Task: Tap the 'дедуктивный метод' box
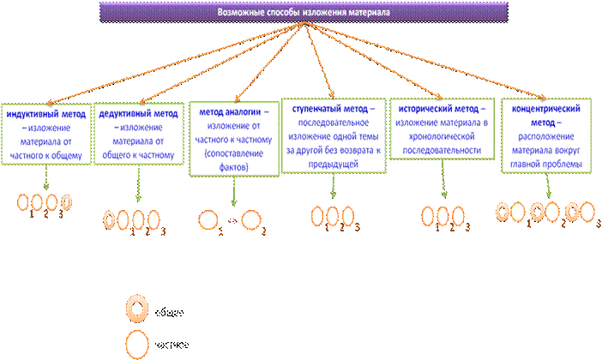click(x=137, y=134)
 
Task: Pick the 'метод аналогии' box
click(x=232, y=140)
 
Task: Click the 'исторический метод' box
click(x=441, y=129)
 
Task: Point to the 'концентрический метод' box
click(x=546, y=135)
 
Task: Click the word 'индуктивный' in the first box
click(x=32, y=113)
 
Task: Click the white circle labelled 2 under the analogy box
click(x=251, y=221)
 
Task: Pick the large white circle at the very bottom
click(x=137, y=345)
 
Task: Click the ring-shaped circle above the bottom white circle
click(x=137, y=307)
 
